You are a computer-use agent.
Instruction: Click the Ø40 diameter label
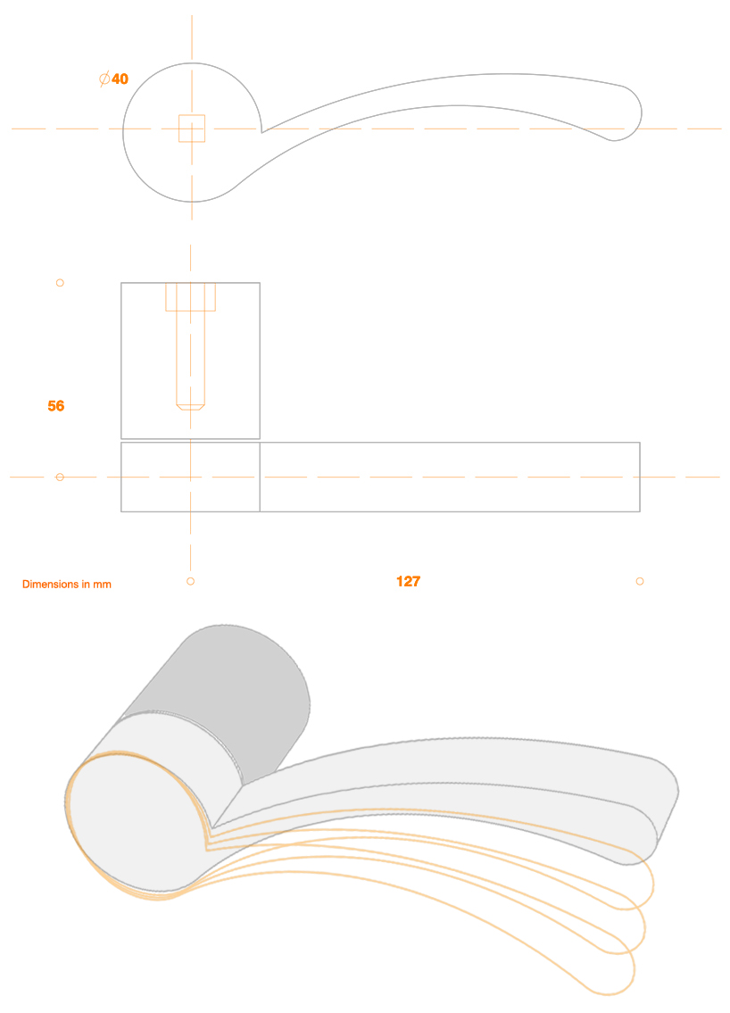[114, 79]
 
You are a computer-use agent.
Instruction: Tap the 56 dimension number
[56, 406]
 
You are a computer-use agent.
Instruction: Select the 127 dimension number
[408, 582]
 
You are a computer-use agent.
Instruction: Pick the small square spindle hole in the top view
[192, 129]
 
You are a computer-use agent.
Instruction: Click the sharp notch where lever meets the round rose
[261, 132]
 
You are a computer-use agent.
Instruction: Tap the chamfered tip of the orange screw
[190, 406]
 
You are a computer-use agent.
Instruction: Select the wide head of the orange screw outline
[190, 297]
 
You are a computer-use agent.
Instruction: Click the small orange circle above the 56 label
[60, 283]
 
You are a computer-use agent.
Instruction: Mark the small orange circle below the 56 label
[60, 477]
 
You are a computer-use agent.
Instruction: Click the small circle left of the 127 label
[190, 581]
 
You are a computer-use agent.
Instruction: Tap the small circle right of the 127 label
[640, 581]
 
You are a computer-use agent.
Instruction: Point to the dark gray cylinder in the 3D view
[241, 687]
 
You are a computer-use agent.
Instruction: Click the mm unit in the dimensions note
[103, 585]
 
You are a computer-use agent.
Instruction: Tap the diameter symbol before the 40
[104, 79]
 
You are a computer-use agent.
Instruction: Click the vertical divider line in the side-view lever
[260, 477]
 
